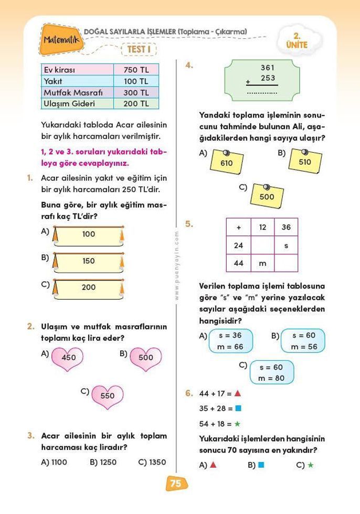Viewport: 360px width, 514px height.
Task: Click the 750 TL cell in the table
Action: click(x=136, y=70)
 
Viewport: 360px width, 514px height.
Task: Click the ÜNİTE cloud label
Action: click(x=297, y=41)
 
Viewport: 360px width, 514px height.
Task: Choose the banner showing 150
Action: click(x=89, y=261)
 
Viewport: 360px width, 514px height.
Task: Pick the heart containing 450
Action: click(x=69, y=358)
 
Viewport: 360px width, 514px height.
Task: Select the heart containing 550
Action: click(x=107, y=396)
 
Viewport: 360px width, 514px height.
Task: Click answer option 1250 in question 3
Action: click(x=103, y=462)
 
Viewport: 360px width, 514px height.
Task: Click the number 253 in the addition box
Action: click(x=268, y=78)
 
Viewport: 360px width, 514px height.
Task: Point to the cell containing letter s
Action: click(x=286, y=245)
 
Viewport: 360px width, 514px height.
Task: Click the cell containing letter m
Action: click(x=263, y=263)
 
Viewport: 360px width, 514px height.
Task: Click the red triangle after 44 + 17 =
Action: click(x=238, y=392)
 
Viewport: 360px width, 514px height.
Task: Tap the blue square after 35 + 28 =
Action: click(x=238, y=408)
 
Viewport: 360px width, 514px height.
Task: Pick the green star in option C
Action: click(x=311, y=465)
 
